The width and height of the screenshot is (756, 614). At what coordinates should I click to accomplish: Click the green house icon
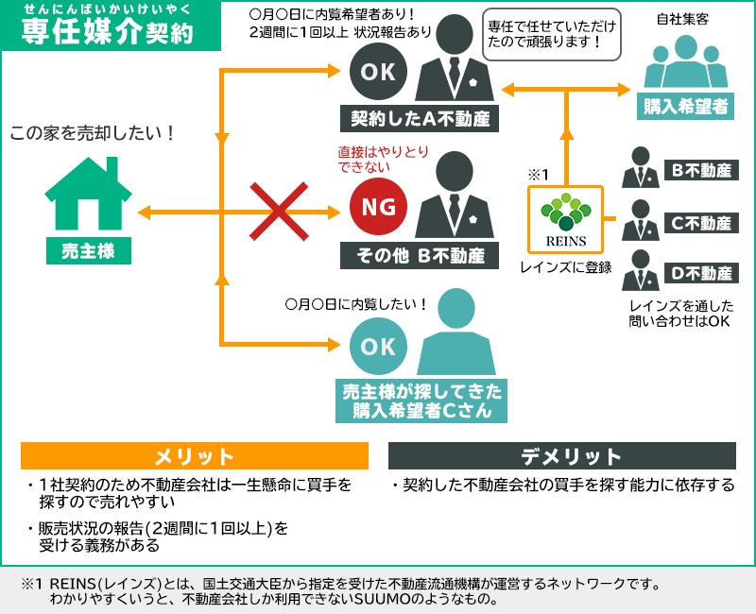(88, 194)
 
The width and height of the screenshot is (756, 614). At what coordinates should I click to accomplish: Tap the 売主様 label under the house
(88, 251)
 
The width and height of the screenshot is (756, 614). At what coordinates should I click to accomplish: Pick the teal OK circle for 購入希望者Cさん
(378, 347)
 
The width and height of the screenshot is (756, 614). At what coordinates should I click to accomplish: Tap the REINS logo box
(565, 218)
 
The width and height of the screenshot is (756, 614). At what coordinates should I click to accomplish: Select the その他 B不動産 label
(420, 255)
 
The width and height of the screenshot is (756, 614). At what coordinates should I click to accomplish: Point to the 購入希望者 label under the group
(687, 106)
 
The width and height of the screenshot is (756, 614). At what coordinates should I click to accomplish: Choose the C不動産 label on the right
(702, 223)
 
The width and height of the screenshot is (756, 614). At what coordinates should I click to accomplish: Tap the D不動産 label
(702, 274)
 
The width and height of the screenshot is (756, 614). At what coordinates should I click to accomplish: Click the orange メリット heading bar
(195, 456)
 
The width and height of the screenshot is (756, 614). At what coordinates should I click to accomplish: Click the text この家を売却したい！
(93, 133)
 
